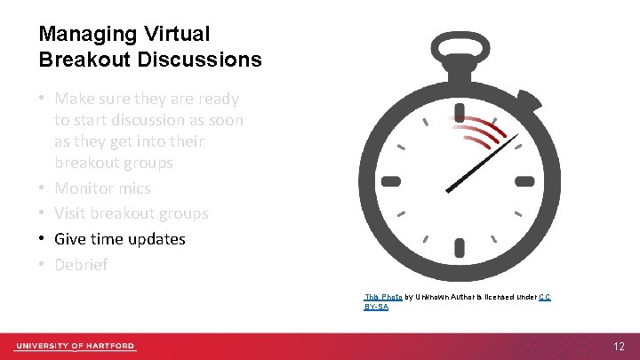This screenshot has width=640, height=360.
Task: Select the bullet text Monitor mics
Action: click(x=102, y=188)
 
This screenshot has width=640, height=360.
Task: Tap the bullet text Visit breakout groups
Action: click(x=131, y=213)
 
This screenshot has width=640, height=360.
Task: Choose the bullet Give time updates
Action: click(x=119, y=239)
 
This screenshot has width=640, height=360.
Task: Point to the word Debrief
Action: click(x=81, y=264)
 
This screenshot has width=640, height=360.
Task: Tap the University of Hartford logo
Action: click(x=75, y=345)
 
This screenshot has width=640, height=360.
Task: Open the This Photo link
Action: click(x=383, y=296)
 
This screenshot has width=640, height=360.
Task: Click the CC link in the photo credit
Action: click(x=545, y=296)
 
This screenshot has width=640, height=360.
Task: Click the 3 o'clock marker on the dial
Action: click(x=525, y=181)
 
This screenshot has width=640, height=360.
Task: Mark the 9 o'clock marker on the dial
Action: click(x=391, y=181)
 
